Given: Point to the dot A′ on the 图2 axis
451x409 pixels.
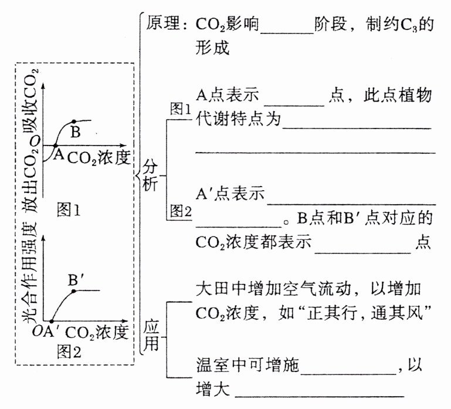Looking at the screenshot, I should [50, 322].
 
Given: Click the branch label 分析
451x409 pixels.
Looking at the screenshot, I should [151, 174].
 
